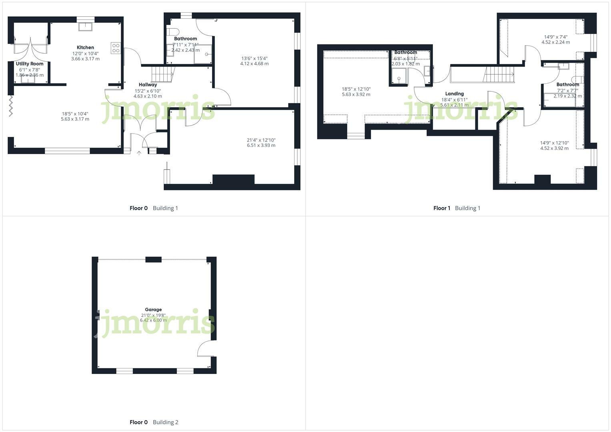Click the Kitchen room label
pos(85,48)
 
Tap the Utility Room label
pos(30,64)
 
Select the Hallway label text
pos(148,85)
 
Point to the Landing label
pos(454,94)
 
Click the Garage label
pos(153,310)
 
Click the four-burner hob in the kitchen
pos(116,48)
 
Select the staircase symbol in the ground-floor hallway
pos(162,74)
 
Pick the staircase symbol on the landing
pos(499,75)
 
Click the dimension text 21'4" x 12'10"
pos(261,140)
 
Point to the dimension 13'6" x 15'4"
pos(254,58)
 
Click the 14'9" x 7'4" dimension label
pos(555,37)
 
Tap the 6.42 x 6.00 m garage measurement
pos(153,320)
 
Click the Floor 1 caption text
pos(442,208)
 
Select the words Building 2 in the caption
pos(165,422)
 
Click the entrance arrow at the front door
pos(139,153)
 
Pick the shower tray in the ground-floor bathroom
pos(203,54)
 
